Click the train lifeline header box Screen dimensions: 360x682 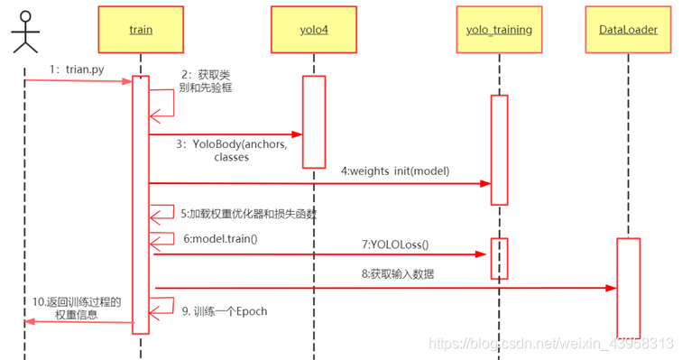pyautogui.click(x=140, y=30)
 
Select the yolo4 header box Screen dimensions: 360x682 pyautogui.click(x=312, y=30)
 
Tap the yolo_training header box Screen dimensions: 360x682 pyautogui.click(x=499, y=30)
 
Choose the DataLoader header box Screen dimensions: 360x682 pyautogui.click(x=627, y=30)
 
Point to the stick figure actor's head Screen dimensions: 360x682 pyautogui.click(x=24, y=15)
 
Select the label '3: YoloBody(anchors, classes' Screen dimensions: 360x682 pyautogui.click(x=239, y=151)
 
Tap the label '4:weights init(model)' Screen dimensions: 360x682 pyautogui.click(x=395, y=171)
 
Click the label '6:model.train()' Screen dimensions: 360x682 pyautogui.click(x=220, y=238)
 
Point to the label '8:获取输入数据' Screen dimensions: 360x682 pyautogui.click(x=398, y=274)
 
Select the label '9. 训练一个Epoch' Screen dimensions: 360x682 pyautogui.click(x=225, y=311)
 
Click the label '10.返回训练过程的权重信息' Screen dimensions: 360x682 pyautogui.click(x=76, y=309)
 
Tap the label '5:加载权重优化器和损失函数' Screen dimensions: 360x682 pyautogui.click(x=245, y=214)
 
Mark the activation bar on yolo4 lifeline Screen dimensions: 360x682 pyautogui.click(x=313, y=121)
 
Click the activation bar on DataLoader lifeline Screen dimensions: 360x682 pyautogui.click(x=628, y=287)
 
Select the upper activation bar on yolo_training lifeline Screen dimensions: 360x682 pyautogui.click(x=499, y=149)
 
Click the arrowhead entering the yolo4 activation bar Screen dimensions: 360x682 pyautogui.click(x=297, y=135)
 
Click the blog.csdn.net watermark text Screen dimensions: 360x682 pyautogui.click(x=549, y=344)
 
